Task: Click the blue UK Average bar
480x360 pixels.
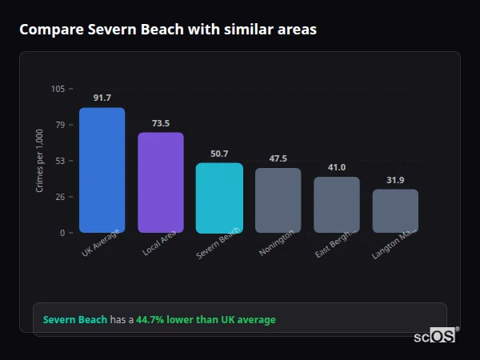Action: [102, 170]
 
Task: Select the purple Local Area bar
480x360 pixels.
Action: [161, 182]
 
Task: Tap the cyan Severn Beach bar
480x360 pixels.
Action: [219, 198]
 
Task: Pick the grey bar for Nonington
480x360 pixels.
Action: [278, 200]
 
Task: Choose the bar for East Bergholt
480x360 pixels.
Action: [336, 205]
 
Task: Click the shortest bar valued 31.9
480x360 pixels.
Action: [395, 211]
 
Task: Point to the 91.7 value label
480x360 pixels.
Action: [102, 98]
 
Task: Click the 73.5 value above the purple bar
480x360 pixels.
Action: [161, 123]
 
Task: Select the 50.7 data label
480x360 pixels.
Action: [219, 154]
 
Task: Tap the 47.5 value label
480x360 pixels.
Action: [278, 158]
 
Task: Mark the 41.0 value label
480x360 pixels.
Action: [336, 167]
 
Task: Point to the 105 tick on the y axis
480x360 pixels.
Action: [58, 89]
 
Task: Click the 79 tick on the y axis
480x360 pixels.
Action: [60, 125]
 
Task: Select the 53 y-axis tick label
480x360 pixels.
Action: [60, 161]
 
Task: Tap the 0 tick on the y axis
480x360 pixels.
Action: [62, 233]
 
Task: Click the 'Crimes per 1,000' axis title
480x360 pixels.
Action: [40, 161]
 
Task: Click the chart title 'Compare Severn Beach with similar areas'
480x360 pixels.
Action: [167, 30]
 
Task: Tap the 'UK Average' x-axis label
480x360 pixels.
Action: [101, 244]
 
